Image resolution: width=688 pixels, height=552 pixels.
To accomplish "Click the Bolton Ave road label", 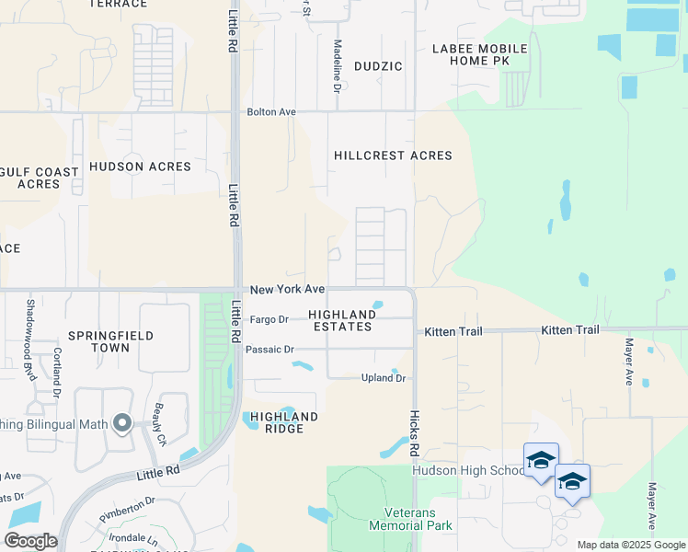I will click(x=271, y=111).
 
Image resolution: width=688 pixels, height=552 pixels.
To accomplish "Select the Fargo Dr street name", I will click(x=269, y=319).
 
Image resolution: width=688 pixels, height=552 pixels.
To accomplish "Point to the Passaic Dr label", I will click(x=269, y=350).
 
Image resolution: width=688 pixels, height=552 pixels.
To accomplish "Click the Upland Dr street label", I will click(x=384, y=378).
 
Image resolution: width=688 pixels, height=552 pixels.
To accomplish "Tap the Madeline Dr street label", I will click(x=338, y=65).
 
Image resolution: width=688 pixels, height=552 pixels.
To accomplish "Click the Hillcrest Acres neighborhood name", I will click(x=393, y=155).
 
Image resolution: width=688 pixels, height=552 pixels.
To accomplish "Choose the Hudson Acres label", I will click(x=140, y=167).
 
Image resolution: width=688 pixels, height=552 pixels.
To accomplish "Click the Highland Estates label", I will click(x=342, y=320).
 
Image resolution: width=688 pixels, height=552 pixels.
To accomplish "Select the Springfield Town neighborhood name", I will click(x=110, y=342).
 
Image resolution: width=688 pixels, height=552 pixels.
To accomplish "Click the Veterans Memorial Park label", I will click(x=410, y=519).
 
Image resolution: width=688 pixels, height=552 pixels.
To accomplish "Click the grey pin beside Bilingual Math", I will click(x=121, y=423).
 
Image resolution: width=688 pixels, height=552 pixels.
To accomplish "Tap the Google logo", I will click(x=30, y=541).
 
